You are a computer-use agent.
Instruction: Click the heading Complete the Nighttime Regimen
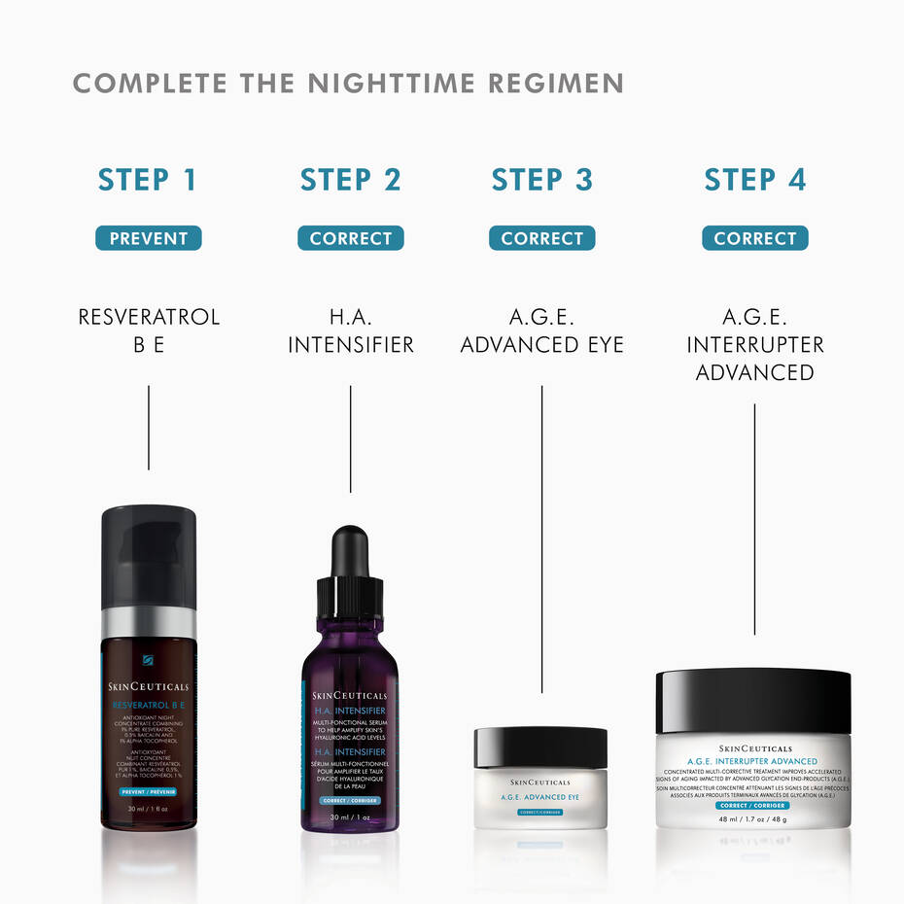click(x=348, y=84)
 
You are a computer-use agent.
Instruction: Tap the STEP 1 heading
click(x=148, y=180)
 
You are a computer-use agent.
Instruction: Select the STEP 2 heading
click(x=350, y=180)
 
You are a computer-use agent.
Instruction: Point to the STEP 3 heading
click(x=541, y=180)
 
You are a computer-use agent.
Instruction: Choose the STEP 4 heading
click(x=754, y=180)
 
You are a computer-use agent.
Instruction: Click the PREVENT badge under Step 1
click(x=148, y=238)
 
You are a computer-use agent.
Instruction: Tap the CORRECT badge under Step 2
click(x=350, y=238)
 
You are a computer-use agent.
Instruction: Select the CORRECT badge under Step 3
click(x=541, y=238)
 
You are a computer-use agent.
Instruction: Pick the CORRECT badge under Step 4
click(x=754, y=238)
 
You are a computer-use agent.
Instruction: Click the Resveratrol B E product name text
click(x=149, y=330)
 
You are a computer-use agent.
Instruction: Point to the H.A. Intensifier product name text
click(x=350, y=330)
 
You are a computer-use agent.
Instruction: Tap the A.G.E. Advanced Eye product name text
click(x=541, y=330)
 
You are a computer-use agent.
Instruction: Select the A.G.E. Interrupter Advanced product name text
click(x=754, y=344)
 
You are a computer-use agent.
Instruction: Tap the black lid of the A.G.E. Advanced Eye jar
click(x=540, y=748)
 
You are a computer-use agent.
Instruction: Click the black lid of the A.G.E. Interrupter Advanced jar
click(x=753, y=700)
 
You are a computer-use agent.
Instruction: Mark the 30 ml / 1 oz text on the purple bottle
click(x=350, y=817)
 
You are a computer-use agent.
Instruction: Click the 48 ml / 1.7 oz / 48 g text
click(x=753, y=818)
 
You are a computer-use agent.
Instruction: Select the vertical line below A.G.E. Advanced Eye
click(x=541, y=535)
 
